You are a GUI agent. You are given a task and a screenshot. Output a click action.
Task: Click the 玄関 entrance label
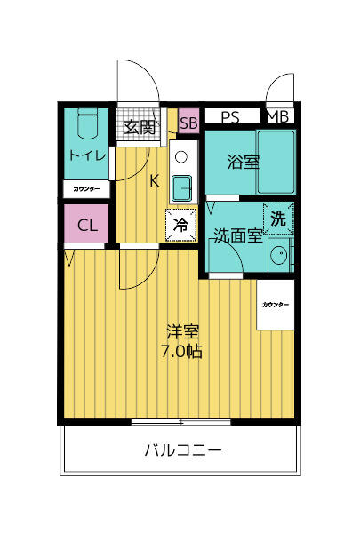tap(140, 127)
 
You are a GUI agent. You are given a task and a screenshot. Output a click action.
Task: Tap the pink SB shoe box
tap(188, 123)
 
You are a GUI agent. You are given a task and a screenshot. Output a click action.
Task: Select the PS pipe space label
tap(230, 116)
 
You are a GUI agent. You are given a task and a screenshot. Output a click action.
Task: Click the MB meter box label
tap(277, 116)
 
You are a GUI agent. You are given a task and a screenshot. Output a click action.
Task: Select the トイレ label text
tap(86, 156)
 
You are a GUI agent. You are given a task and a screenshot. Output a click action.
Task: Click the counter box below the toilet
tap(86, 189)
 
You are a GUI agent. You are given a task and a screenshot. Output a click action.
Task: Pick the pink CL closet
tap(86, 225)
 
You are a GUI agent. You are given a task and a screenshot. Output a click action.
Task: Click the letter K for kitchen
tap(154, 181)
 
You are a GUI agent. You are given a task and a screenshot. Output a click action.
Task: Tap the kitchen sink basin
tap(181, 187)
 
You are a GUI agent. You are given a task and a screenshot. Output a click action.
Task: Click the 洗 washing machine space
tap(277, 217)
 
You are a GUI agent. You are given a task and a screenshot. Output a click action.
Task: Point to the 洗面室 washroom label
tap(237, 236)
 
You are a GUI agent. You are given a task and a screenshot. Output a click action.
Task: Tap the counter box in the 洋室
tap(275, 305)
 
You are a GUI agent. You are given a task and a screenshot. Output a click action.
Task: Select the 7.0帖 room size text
tap(181, 352)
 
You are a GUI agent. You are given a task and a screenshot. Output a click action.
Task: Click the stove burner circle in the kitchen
tap(181, 157)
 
